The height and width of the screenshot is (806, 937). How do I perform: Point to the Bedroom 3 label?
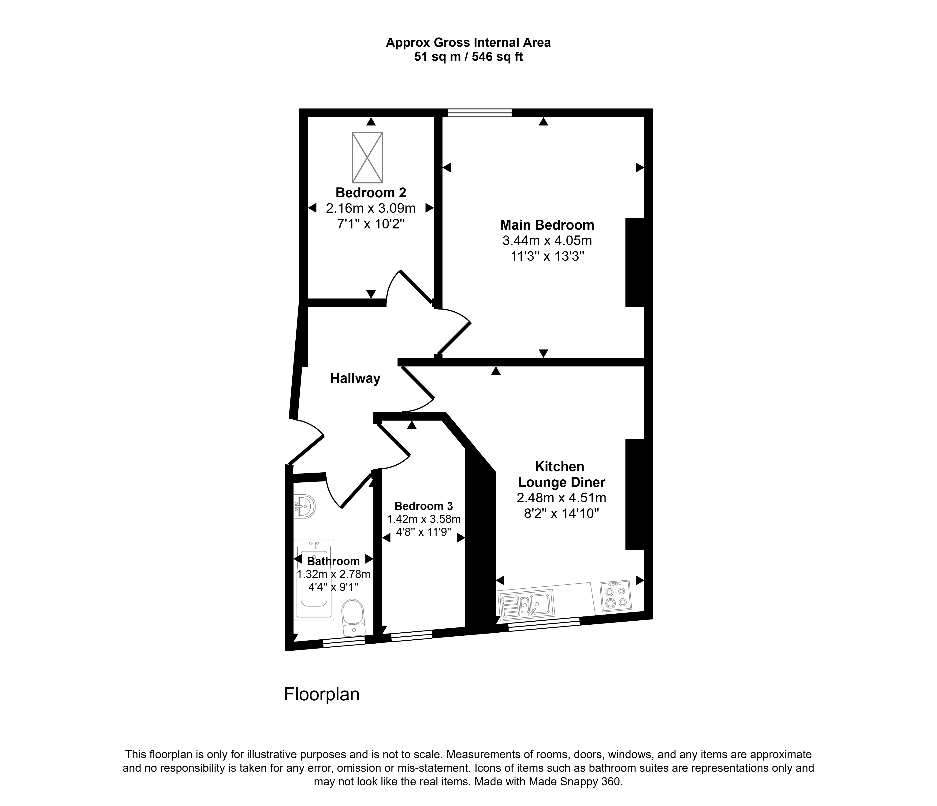pyautogui.click(x=424, y=506)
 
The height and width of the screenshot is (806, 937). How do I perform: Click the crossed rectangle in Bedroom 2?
pyautogui.click(x=367, y=157)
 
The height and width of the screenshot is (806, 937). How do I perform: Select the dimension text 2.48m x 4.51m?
pyautogui.click(x=562, y=498)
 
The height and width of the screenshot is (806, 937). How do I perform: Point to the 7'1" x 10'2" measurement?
pyautogui.click(x=371, y=224)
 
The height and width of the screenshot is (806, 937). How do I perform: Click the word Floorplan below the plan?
pyautogui.click(x=322, y=694)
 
